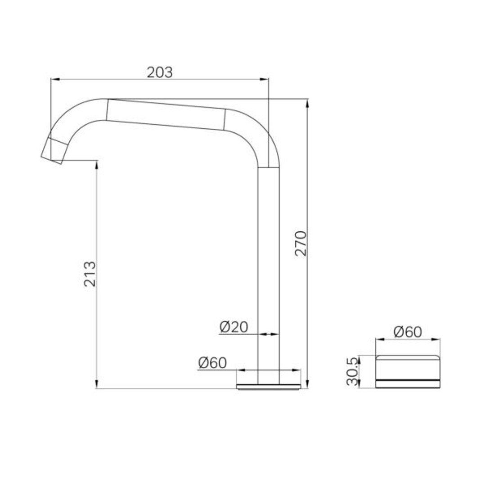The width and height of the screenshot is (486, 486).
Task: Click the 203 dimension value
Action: click(x=160, y=72)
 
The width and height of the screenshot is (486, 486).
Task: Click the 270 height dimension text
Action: click(x=301, y=243)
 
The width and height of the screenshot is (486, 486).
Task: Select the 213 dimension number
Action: click(x=90, y=274)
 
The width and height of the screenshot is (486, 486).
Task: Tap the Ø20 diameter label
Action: click(x=234, y=327)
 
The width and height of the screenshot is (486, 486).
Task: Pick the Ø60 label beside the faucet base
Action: click(x=212, y=363)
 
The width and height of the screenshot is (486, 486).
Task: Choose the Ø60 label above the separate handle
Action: click(x=407, y=332)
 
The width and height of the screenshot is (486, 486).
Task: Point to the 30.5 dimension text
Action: click(x=352, y=371)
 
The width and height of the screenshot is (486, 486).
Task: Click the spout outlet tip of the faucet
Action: click(x=52, y=151)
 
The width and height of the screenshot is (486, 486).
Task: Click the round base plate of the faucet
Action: click(x=269, y=386)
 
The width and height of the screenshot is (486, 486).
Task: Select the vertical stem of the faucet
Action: click(x=269, y=270)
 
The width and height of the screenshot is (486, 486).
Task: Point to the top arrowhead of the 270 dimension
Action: click(x=307, y=103)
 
